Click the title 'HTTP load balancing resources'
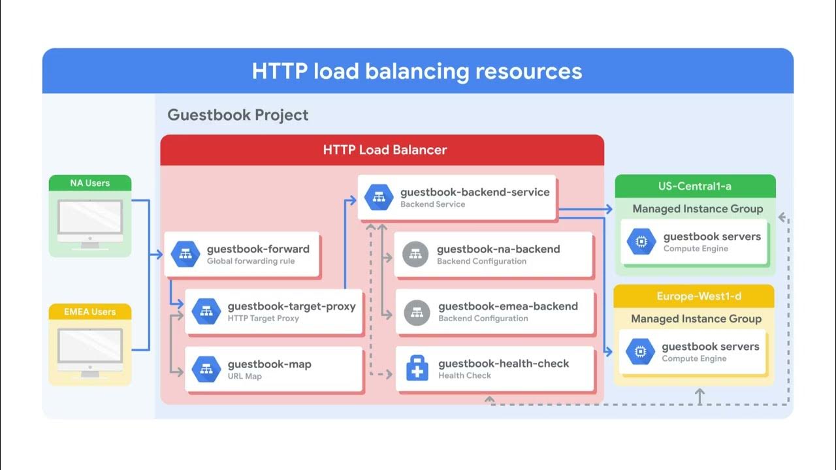click(417, 71)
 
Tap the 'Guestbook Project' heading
click(238, 116)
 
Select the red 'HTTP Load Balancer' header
click(385, 150)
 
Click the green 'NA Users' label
click(90, 183)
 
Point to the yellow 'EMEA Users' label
click(90, 312)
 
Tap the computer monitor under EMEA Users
click(90, 352)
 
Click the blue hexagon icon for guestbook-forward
click(185, 255)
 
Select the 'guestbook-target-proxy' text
click(291, 306)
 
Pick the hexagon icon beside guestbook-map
click(206, 369)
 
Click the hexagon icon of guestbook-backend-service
click(378, 198)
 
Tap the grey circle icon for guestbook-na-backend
click(415, 255)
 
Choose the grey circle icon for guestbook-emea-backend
click(417, 312)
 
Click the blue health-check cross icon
click(417, 369)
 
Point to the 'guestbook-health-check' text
click(504, 364)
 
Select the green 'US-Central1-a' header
click(695, 186)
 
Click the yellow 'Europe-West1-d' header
click(694, 296)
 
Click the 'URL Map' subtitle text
click(245, 377)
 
